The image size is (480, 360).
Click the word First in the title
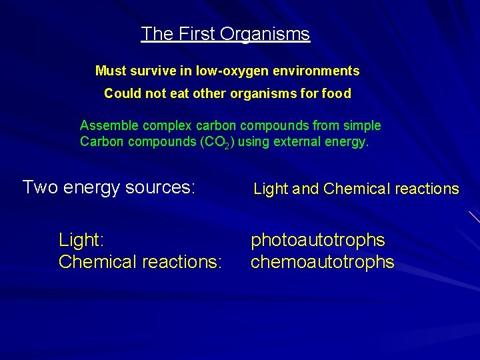coord(191,34)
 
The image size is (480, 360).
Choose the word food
coord(337,94)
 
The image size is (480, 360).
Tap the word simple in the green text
coord(364,125)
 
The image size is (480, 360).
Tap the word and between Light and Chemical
coord(306,189)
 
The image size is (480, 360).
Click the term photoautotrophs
coord(318,239)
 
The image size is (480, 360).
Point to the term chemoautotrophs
coord(323,262)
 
